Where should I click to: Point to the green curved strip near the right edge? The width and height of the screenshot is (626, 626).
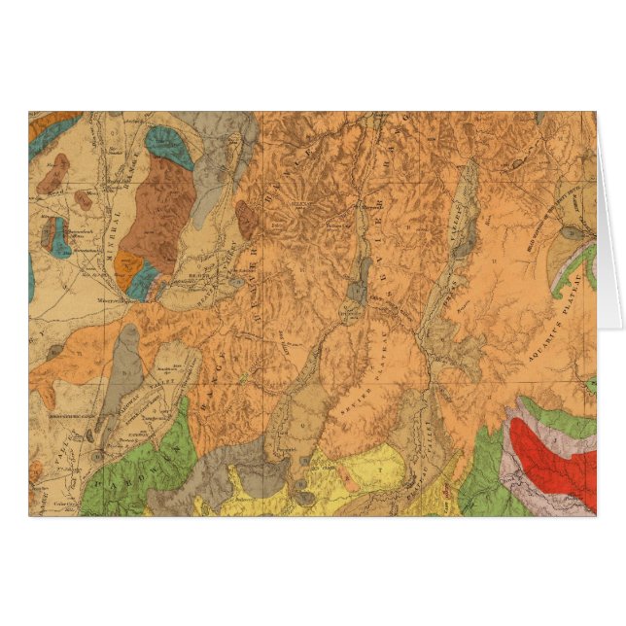pos(568,272)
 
